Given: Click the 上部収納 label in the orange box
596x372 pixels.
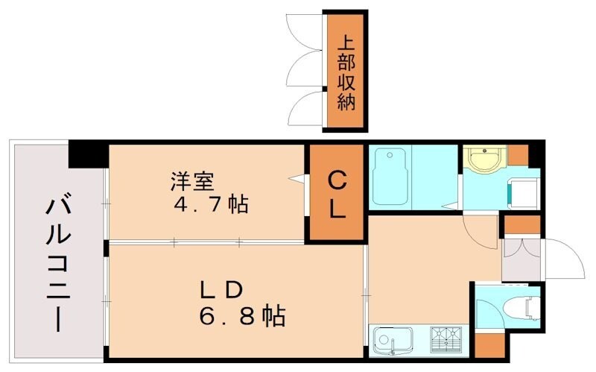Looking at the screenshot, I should [345, 72].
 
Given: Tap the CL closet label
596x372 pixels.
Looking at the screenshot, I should [337, 195].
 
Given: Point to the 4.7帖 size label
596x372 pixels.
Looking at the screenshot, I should [212, 204].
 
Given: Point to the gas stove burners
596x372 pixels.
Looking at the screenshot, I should [448, 341].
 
